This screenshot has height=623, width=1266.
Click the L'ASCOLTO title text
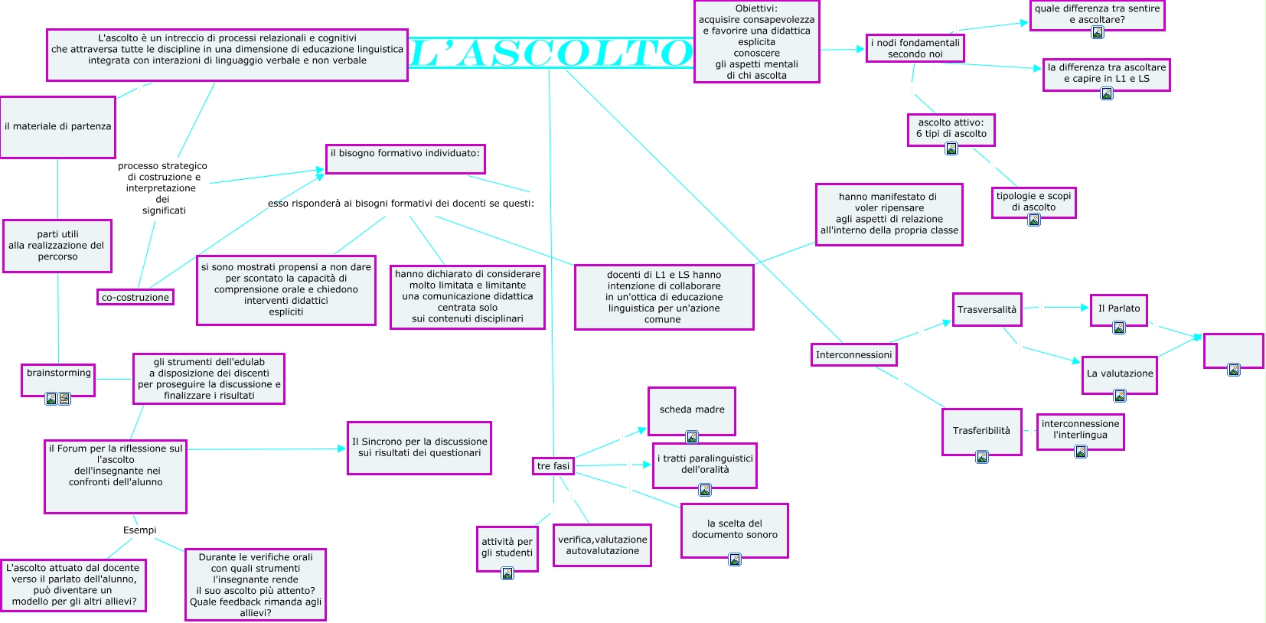pyautogui.click(x=551, y=53)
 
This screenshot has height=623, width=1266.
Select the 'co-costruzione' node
pyautogui.click(x=135, y=297)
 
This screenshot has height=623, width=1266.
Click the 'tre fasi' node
pyautogui.click(x=553, y=465)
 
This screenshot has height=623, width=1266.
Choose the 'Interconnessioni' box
pyautogui.click(x=853, y=354)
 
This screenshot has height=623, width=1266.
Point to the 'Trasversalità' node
pyautogui.click(x=987, y=309)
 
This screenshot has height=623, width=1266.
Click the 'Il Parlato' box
pyautogui.click(x=1118, y=309)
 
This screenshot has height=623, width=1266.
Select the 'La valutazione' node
pyautogui.click(x=1119, y=374)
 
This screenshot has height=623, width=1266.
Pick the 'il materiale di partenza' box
pyautogui.click(x=57, y=127)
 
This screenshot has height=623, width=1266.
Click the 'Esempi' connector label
pyautogui.click(x=139, y=530)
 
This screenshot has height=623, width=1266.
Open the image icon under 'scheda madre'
pyautogui.click(x=692, y=437)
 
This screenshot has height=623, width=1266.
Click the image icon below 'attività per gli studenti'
pyautogui.click(x=507, y=573)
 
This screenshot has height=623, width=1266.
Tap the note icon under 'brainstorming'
pyautogui.click(x=64, y=399)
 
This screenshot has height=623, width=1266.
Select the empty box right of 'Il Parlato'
pyautogui.click(x=1233, y=351)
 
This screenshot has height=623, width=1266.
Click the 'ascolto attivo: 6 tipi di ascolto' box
pyautogui.click(x=951, y=129)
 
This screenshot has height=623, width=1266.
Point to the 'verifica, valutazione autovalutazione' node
pyautogui.click(x=602, y=545)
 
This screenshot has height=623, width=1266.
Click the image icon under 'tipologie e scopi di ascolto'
pyautogui.click(x=1034, y=220)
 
